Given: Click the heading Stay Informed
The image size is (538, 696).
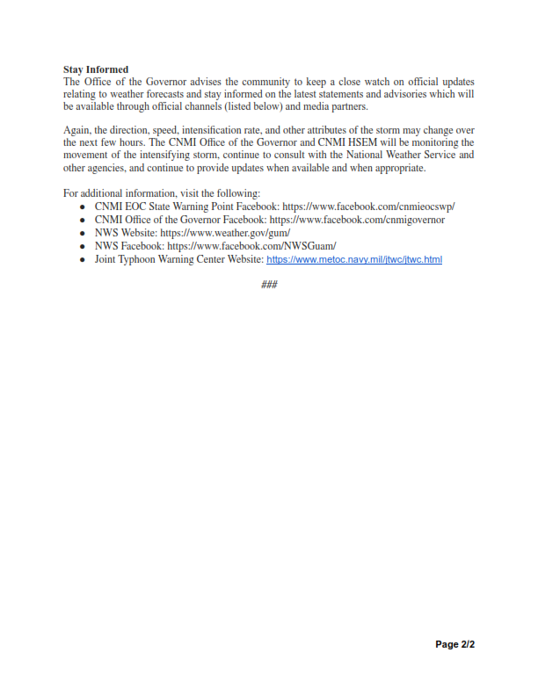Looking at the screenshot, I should pyautogui.click(x=96, y=69).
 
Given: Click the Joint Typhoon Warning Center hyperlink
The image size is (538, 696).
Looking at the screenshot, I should pyautogui.click(x=353, y=260).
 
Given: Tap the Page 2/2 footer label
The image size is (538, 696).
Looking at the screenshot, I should pyautogui.click(x=455, y=645).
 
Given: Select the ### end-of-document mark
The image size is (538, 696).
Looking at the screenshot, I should pyautogui.click(x=269, y=284).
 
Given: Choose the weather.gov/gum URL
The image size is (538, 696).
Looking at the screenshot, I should pyautogui.click(x=224, y=234).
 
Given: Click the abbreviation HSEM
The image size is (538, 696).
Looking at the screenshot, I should pyautogui.click(x=330, y=142).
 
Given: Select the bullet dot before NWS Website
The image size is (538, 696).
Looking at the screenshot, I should pyautogui.click(x=82, y=234).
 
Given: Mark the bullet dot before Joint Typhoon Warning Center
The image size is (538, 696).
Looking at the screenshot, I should pyautogui.click(x=82, y=260).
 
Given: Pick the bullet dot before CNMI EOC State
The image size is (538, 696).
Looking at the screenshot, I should pyautogui.click(x=82, y=207).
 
